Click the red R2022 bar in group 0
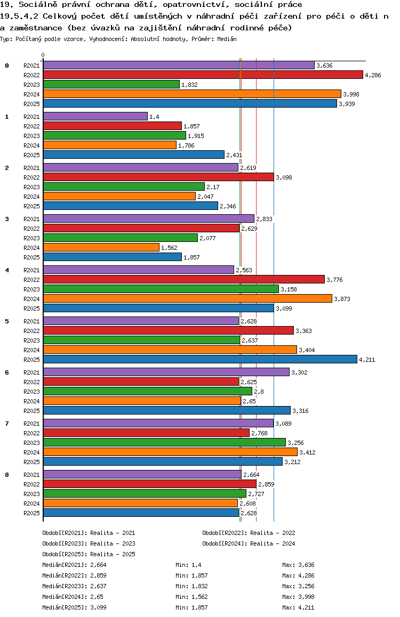pyautogui.click(x=203, y=75)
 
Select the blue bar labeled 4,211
pyautogui.click(x=200, y=359)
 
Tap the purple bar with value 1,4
pyautogui.click(x=95, y=116)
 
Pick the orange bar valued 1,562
pyautogui.click(x=101, y=247)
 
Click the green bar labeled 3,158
pyautogui.click(x=161, y=289)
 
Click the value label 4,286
pyautogui.click(x=373, y=75)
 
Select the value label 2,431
pyautogui.click(x=234, y=155)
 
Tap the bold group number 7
pyautogui.click(x=7, y=424)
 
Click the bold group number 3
pyautogui.click(x=7, y=219)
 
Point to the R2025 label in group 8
pyautogui.click(x=32, y=513)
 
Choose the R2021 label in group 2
pyautogui.click(x=32, y=168)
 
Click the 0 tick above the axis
pyautogui.click(x=43, y=55)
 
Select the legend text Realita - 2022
pyautogui.click(x=273, y=533)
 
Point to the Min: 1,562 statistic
pyautogui.click(x=191, y=597)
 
